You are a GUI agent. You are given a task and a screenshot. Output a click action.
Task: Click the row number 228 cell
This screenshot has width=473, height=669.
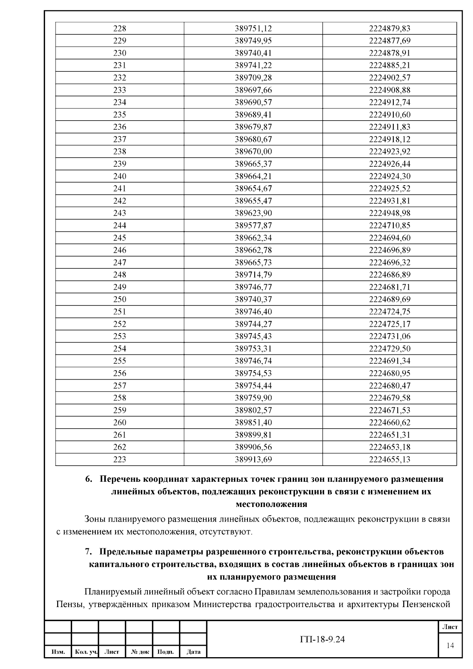tap(119, 28)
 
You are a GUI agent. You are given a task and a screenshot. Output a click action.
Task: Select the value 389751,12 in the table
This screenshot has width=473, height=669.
tap(253, 28)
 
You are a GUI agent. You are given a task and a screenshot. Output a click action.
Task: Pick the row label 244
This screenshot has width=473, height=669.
tap(119, 225)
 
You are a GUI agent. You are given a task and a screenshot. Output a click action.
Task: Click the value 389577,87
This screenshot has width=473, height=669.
tap(253, 225)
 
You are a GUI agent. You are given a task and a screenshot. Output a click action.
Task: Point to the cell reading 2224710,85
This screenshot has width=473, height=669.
tap(389, 225)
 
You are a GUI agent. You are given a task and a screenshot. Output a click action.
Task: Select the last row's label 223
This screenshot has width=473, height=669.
tap(119, 459)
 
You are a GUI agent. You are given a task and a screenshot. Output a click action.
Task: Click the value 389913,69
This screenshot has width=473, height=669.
tap(253, 459)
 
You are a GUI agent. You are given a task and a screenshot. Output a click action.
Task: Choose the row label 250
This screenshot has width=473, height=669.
tap(119, 299)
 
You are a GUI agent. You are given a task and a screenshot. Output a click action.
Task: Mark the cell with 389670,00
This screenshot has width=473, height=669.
tap(253, 151)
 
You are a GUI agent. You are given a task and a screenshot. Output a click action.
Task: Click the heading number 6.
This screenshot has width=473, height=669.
tap(88, 479)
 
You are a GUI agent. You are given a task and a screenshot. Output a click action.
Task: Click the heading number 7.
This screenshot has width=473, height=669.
tap(88, 552)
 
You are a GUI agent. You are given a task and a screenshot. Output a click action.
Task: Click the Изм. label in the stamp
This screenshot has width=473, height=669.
tap(58, 652)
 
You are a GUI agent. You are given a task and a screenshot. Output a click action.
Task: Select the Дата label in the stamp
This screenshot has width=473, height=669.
tap(193, 652)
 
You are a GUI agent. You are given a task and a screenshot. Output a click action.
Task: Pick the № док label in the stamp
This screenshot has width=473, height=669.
tap(139, 652)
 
